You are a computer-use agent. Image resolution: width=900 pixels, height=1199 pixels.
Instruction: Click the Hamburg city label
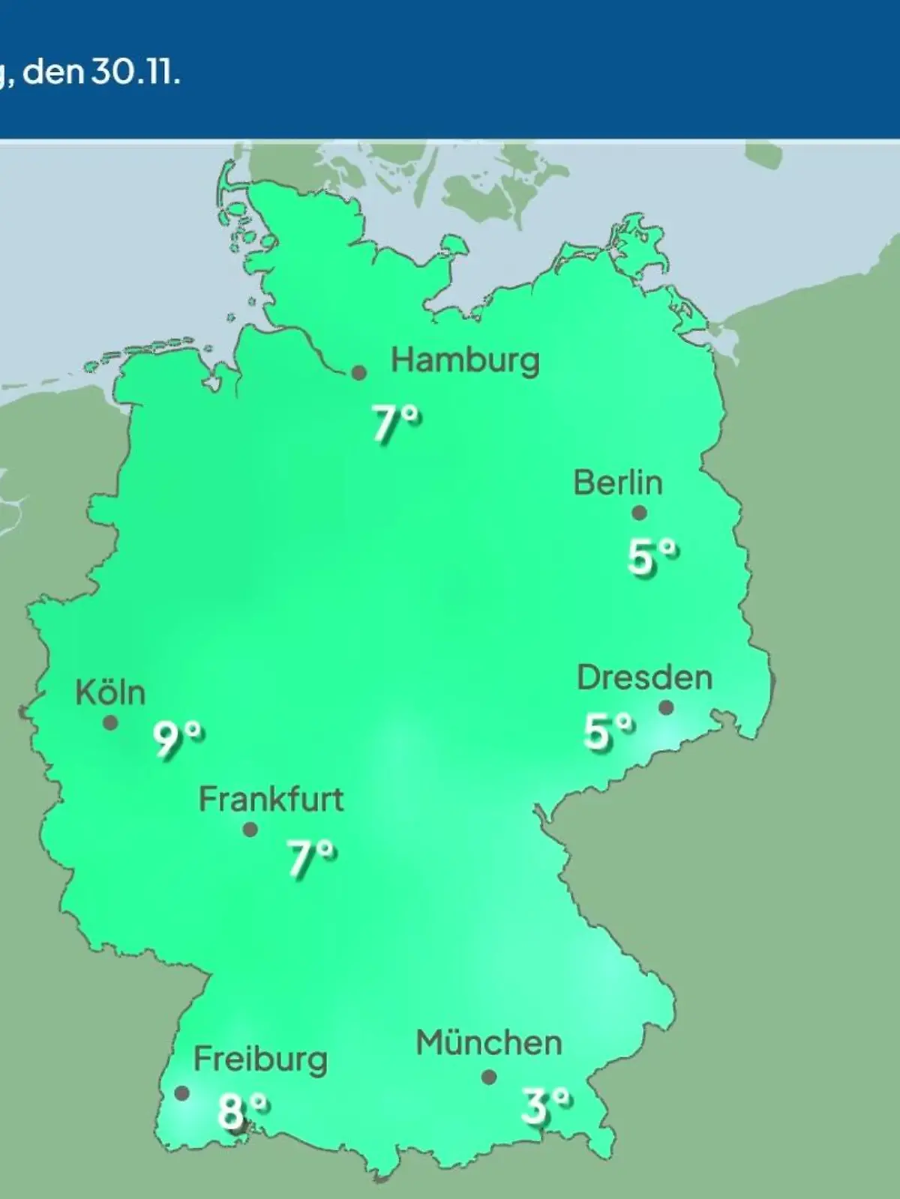click(x=465, y=361)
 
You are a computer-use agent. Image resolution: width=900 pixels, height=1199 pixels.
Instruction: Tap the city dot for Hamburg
click(x=359, y=372)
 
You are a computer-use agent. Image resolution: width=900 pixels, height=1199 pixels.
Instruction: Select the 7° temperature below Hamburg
click(x=397, y=423)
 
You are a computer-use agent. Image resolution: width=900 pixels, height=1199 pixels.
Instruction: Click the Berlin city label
click(x=618, y=483)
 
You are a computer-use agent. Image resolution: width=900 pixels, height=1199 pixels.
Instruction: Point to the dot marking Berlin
click(x=639, y=513)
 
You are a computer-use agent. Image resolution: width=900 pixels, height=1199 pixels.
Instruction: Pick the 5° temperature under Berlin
click(x=652, y=557)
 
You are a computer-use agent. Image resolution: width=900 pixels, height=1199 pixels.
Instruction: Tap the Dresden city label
click(x=644, y=678)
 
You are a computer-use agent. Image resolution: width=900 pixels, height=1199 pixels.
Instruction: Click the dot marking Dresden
click(x=666, y=707)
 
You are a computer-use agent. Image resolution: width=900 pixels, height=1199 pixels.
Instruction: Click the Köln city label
click(x=110, y=693)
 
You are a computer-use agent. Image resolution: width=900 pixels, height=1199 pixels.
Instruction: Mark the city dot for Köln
click(x=110, y=723)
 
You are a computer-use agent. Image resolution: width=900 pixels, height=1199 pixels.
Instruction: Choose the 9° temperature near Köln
click(x=178, y=740)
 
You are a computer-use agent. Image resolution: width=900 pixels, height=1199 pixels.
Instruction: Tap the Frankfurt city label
click(x=271, y=800)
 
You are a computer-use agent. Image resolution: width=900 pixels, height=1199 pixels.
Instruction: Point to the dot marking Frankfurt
click(x=250, y=830)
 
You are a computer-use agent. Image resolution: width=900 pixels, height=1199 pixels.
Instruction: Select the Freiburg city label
click(x=260, y=1060)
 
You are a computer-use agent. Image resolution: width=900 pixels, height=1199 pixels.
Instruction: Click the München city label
click(x=488, y=1043)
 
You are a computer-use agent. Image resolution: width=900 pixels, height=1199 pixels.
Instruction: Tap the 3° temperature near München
click(x=546, y=1105)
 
